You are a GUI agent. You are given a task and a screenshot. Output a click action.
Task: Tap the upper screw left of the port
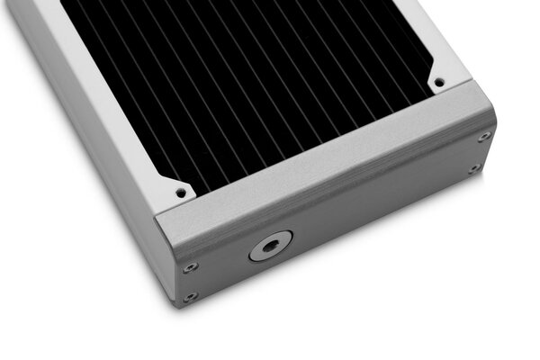click(x=190, y=267)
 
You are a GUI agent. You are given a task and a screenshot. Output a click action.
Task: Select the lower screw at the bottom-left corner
click(x=190, y=297)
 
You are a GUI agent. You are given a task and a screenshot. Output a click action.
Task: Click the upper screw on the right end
click(x=484, y=137)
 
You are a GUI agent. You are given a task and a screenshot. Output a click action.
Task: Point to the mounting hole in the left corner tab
click(x=180, y=192)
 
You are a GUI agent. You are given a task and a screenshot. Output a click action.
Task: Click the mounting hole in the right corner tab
click(x=439, y=82)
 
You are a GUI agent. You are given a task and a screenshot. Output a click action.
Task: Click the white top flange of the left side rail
click(x=90, y=90)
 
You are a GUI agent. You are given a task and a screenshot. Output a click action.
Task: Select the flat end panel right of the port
click(x=378, y=216)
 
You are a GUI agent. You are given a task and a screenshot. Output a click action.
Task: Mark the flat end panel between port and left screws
click(x=225, y=261)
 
